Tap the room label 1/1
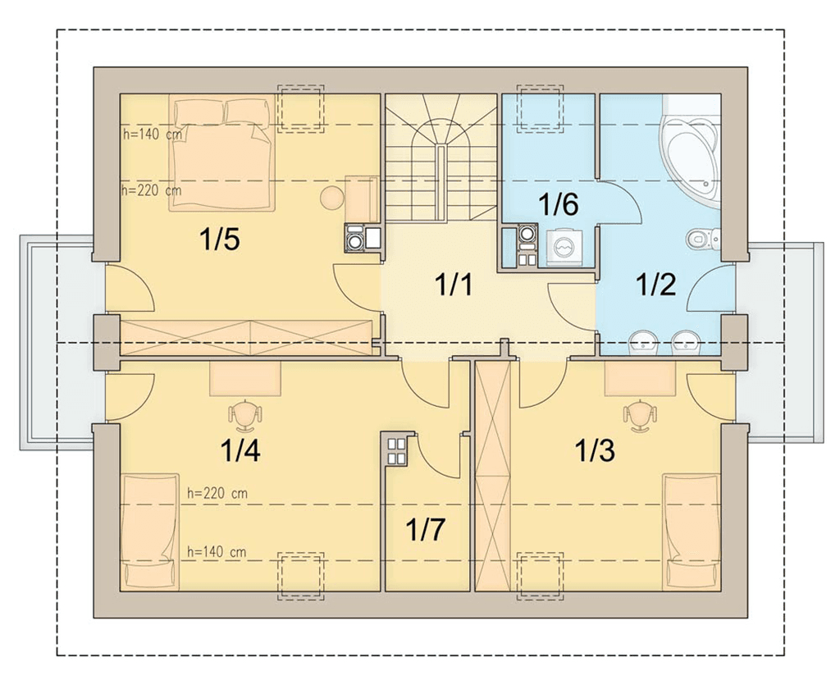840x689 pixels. pos(454,285)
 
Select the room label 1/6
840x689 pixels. pos(559,204)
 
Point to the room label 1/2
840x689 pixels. pos(655,285)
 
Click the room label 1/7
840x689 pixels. pos(426,529)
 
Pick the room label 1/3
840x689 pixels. pos(595,450)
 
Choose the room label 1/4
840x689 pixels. pos(240,450)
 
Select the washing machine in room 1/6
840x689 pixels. pos(564,248)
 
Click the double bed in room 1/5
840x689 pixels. pos(221,153)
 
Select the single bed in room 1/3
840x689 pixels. pos(692,532)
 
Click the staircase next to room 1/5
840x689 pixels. pos(441,157)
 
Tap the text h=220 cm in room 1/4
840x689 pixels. pos(217,493)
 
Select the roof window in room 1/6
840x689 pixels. pos(540,107)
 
